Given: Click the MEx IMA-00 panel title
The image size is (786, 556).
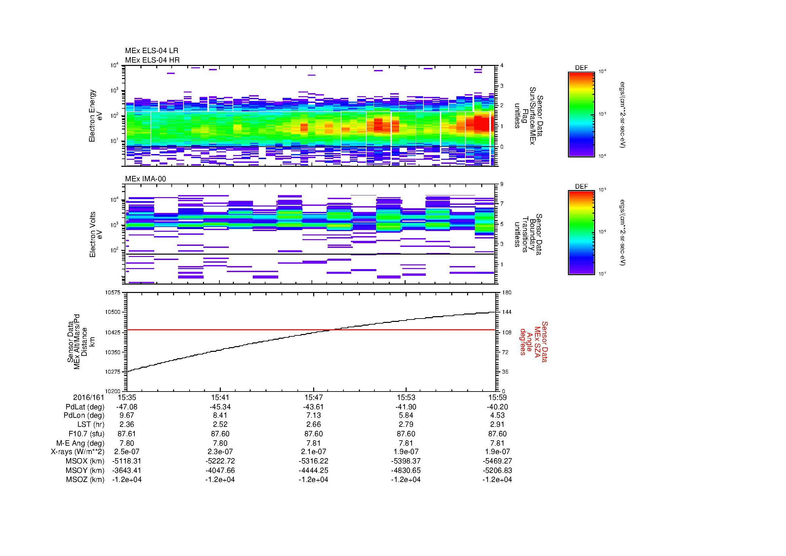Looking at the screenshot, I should coord(145,179).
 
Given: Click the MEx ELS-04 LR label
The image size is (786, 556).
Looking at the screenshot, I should coord(151,51).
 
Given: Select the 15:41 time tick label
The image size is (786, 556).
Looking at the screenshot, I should coord(220,397).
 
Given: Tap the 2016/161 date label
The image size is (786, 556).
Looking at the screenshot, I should coord(88,397).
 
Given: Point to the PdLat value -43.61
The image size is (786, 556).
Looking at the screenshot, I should coord(313,407).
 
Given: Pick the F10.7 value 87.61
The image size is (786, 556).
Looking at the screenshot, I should coord(127,434).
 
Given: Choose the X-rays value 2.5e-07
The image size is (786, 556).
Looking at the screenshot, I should coord(127,452).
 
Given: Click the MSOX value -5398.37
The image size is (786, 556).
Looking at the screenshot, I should coord(406,461).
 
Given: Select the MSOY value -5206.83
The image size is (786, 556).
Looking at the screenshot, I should coord(497,470).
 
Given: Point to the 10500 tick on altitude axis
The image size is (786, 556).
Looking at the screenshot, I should coord(113,312).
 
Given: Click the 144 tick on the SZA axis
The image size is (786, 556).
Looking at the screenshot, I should coord(506,312).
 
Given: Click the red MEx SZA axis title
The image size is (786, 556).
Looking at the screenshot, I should coord(533,341).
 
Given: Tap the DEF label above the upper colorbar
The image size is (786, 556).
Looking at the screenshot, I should coord(581,68).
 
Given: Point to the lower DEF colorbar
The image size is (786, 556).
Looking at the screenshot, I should coord(581,233).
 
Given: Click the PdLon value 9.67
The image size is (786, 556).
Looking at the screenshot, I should coord(127,415).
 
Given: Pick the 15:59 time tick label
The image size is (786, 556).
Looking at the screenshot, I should coord(497,397).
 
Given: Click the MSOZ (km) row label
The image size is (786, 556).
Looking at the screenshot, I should coord(85,480).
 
